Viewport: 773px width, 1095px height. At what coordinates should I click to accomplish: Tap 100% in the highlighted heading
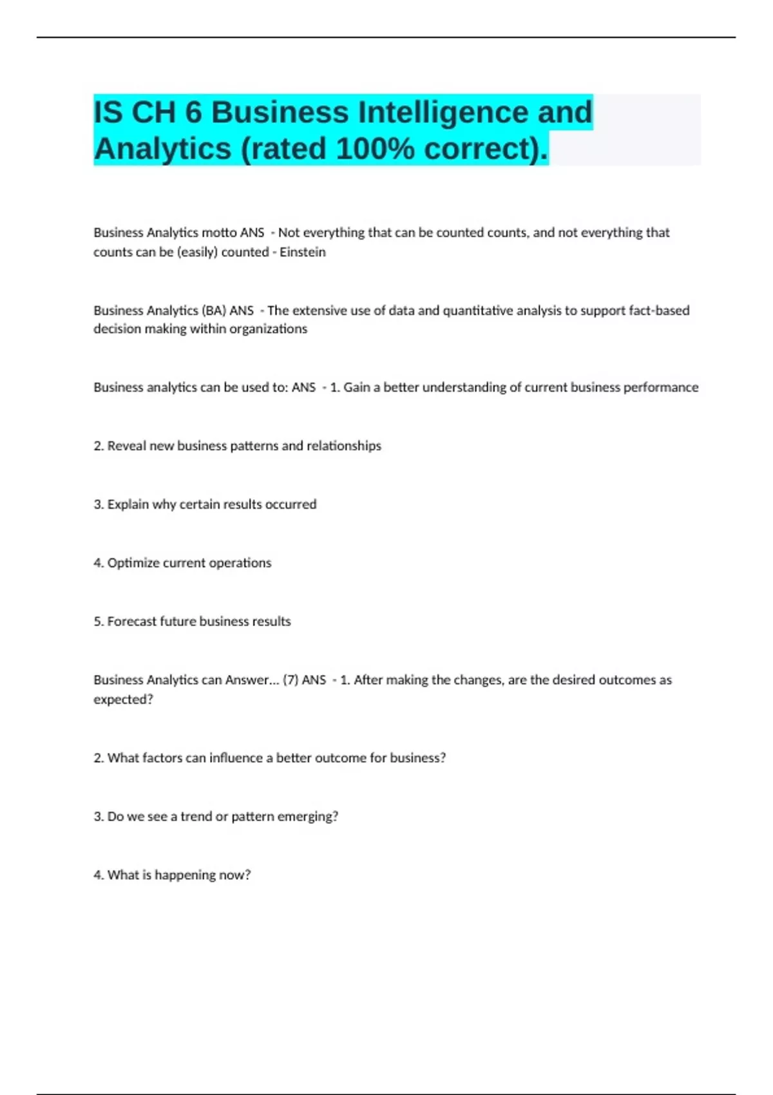click(375, 149)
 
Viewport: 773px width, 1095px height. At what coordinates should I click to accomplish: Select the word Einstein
click(302, 252)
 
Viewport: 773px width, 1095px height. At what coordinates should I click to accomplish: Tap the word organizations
click(268, 329)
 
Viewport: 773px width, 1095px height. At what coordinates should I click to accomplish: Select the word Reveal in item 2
click(127, 446)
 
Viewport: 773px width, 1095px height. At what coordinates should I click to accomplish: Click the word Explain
click(128, 504)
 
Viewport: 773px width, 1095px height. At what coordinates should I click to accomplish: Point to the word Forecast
click(132, 622)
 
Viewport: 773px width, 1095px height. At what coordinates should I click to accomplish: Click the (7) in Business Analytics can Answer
click(291, 680)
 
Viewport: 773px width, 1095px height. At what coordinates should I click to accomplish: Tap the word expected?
click(123, 700)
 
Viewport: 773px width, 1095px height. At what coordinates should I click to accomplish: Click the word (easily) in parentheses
click(197, 252)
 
